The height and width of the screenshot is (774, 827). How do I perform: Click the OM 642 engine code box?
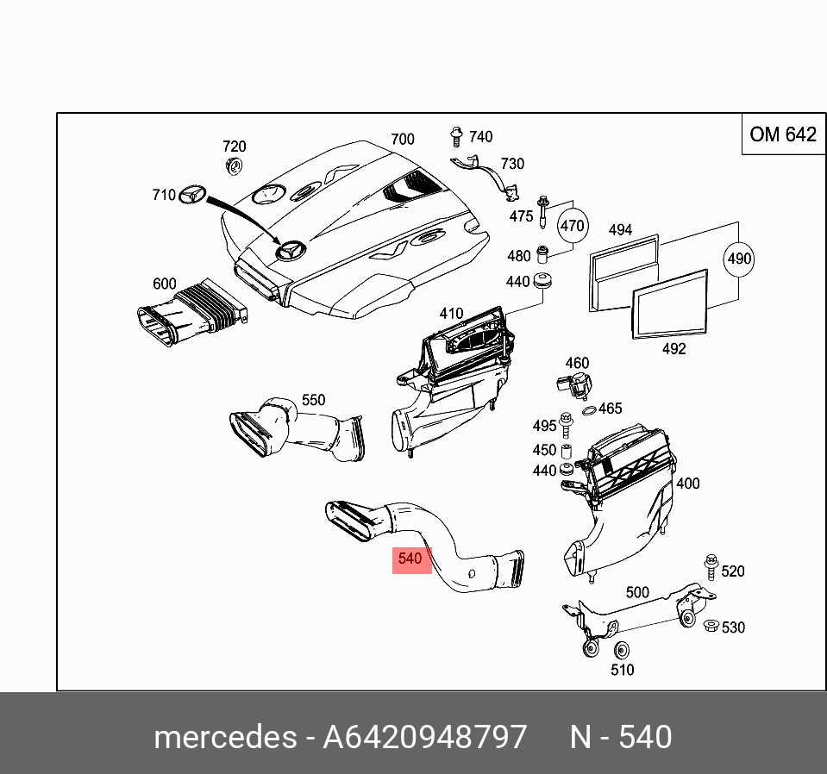click(x=782, y=134)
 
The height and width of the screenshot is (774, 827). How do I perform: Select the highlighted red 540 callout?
click(x=410, y=559)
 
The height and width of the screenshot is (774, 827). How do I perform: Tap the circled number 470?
click(x=572, y=227)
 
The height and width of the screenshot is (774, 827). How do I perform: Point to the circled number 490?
click(x=739, y=259)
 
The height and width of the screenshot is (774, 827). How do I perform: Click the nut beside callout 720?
click(x=233, y=166)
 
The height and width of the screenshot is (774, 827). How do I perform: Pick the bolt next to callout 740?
click(x=456, y=137)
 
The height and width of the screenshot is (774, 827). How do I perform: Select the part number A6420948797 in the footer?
click(x=424, y=738)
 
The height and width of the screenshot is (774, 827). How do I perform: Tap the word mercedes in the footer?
click(x=223, y=738)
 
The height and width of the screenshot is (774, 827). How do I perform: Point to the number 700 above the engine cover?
click(x=402, y=139)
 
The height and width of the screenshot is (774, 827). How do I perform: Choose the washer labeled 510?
click(x=621, y=651)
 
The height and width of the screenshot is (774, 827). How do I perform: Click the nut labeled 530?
click(x=710, y=627)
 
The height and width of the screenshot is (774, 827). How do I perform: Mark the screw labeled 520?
click(x=711, y=566)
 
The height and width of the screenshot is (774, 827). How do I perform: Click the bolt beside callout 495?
click(x=567, y=425)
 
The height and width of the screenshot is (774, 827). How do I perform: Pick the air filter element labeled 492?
click(x=670, y=303)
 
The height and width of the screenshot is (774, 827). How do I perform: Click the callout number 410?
click(x=451, y=314)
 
